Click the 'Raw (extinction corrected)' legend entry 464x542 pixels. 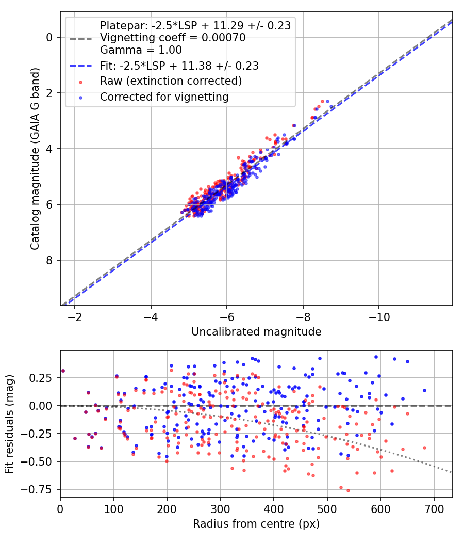[171, 81]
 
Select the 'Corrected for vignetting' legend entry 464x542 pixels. [164, 97]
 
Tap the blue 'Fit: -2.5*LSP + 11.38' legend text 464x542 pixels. [179, 66]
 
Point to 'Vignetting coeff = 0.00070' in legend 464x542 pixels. [173, 38]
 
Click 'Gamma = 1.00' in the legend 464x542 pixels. [141, 50]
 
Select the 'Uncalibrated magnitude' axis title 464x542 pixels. [256, 332]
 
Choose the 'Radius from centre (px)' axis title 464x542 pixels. [256, 524]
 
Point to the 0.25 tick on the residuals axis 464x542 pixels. [42, 378]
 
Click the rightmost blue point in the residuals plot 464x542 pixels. [424, 390]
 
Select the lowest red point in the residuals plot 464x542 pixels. [348, 490]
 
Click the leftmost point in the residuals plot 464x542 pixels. [63, 371]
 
